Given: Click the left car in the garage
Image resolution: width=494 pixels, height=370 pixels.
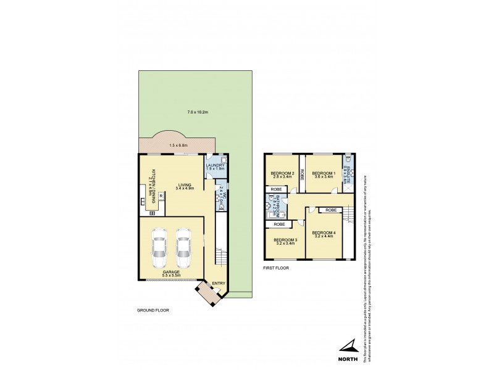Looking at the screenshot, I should point(159,245).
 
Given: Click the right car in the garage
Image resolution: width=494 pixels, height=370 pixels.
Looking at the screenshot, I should point(183,245).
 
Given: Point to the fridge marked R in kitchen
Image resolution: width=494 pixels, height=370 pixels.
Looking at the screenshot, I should point(161,195).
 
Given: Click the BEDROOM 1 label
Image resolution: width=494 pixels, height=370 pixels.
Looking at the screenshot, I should point(322,173).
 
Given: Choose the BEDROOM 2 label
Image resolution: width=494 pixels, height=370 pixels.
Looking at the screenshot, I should point(280,174).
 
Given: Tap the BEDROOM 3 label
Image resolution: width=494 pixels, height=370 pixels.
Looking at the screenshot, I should point(286,240).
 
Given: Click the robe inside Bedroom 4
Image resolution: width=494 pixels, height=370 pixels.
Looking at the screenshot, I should point(331,210).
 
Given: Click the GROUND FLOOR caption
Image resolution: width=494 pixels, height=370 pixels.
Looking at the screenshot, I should point(153,310).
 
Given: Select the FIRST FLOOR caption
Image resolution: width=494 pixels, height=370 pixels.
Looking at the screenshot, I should point(276,268).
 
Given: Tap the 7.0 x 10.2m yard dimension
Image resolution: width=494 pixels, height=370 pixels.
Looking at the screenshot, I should point(198,112).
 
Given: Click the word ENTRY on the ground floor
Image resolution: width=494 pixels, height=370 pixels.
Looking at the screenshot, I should point(218,284).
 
